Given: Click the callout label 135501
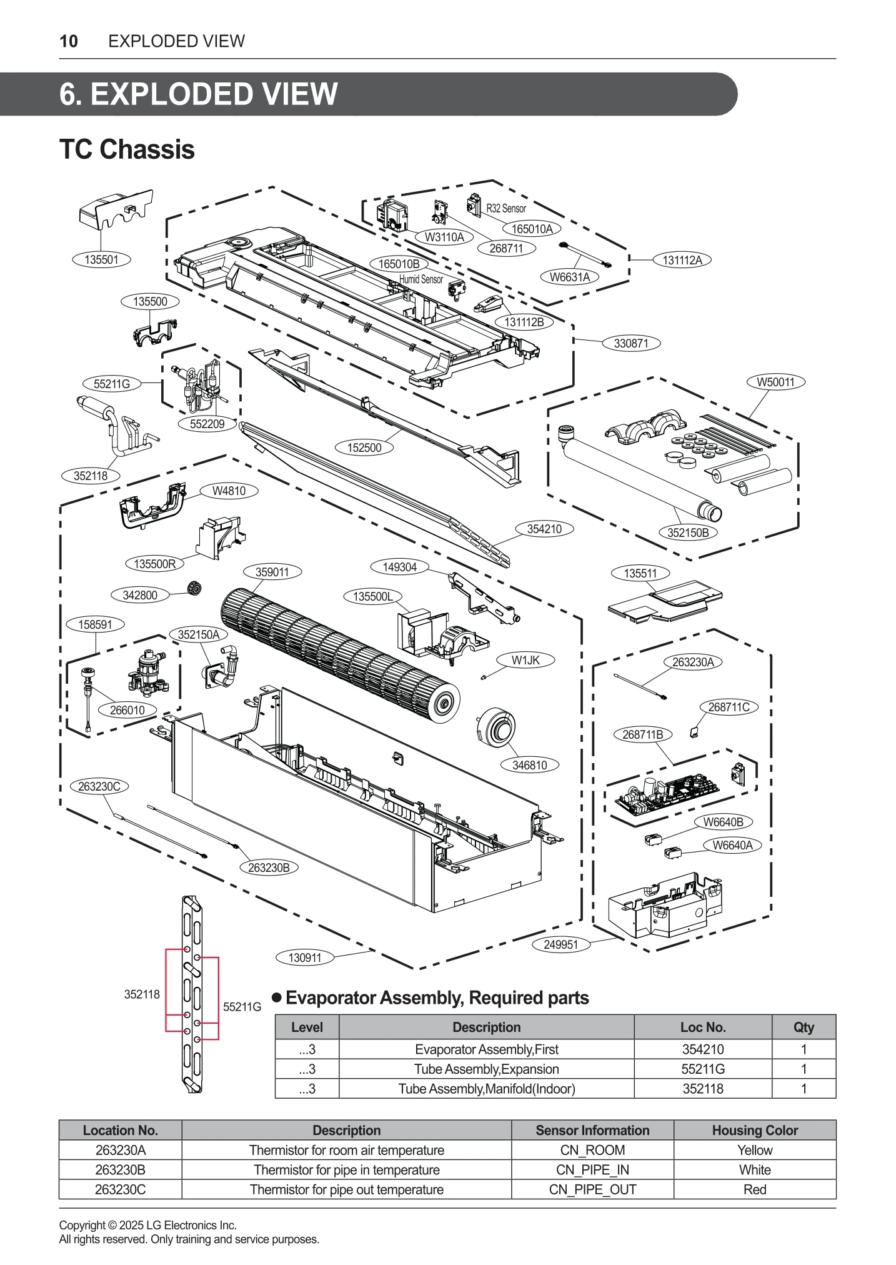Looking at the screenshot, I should pos(101,259).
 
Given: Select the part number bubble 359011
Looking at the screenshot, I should pos(272,572).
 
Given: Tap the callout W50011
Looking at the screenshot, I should pos(775,382).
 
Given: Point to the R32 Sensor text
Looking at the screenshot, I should pos(506,209).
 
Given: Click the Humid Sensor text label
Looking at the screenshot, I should pos(421,279).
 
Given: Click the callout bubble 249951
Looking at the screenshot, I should pos(560,944).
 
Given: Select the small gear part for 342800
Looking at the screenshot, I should pos(196,588).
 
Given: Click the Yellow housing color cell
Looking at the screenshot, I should pos(754,1150).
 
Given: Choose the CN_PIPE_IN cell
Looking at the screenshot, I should pos(592,1170).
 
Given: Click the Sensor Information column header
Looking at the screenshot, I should pos(592,1130).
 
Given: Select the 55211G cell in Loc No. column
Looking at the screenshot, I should pos(702,1069).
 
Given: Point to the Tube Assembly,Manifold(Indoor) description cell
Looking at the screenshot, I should pos(486,1089).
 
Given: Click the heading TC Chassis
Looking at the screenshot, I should pos(127,150).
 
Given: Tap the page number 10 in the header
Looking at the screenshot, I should pos(69,41).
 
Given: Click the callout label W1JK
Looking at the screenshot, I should pos(525,660).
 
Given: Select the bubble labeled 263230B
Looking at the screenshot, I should pos(269,867).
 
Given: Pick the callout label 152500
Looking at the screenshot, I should pos(364,447).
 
